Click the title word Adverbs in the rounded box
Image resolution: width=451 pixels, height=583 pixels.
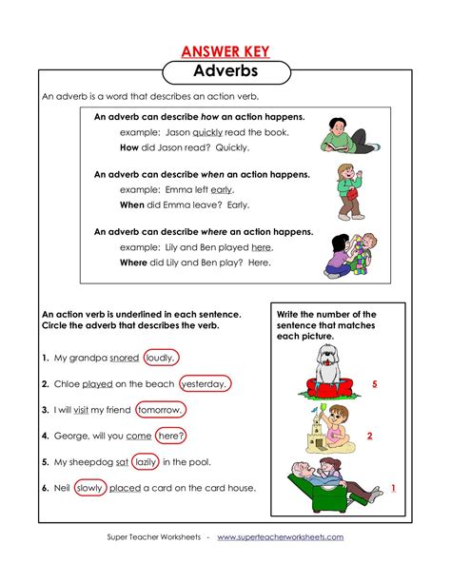point(225,71)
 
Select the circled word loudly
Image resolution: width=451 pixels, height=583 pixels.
point(162,359)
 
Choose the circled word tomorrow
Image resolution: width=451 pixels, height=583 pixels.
point(161,410)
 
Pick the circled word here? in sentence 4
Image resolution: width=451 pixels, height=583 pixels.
point(171,436)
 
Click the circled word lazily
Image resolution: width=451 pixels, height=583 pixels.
point(146,462)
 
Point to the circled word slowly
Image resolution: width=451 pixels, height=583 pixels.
point(89,488)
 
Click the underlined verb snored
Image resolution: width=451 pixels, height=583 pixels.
point(124,359)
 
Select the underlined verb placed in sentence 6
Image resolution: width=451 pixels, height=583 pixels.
point(126,488)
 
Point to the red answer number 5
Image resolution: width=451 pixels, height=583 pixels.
point(375,383)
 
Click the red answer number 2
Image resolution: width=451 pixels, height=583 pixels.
point(369,437)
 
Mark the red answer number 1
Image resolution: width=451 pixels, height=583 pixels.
point(393,488)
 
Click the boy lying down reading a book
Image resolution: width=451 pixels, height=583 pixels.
point(341,135)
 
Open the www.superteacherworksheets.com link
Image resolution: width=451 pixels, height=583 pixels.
point(280,537)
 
